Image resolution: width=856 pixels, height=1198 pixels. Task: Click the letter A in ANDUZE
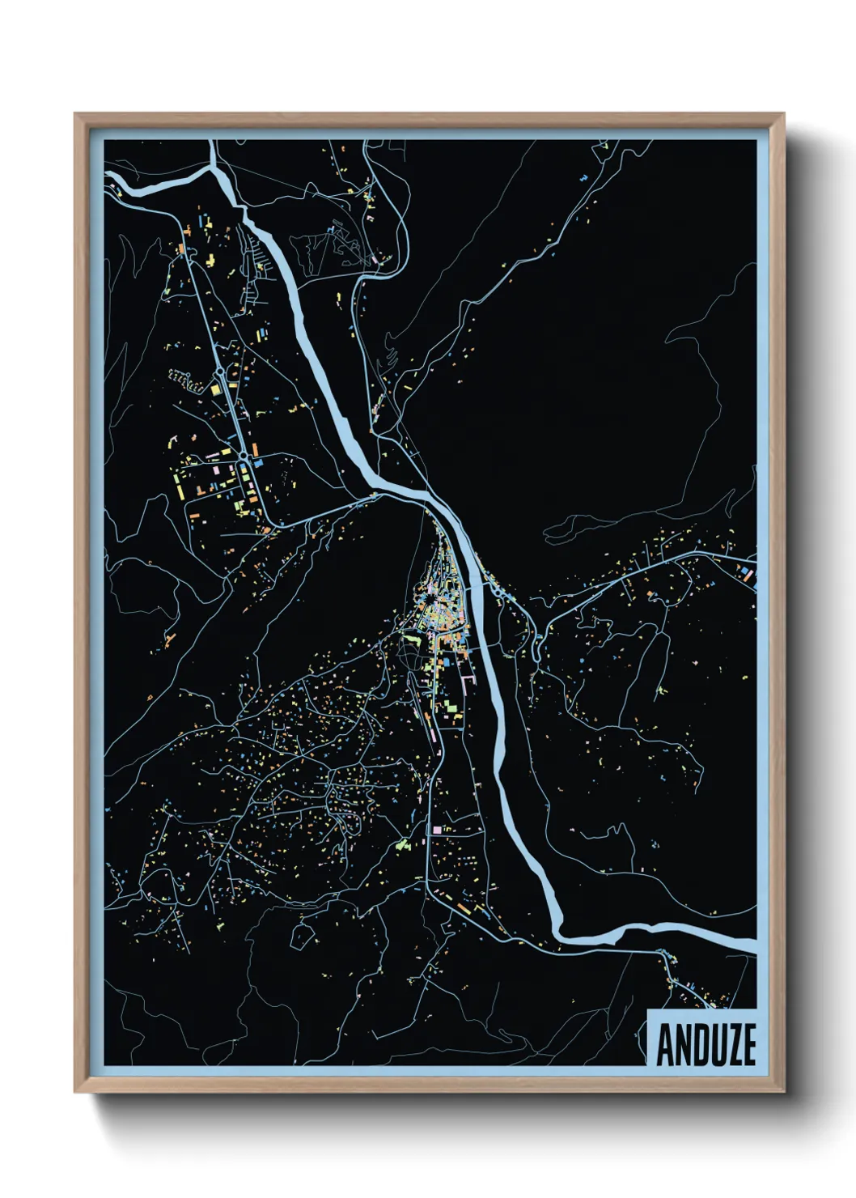point(665,1045)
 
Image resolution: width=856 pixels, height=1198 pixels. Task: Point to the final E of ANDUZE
point(747,1045)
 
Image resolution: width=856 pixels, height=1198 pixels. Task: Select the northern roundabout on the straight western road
point(220,373)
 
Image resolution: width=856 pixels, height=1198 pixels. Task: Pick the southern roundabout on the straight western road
point(242,459)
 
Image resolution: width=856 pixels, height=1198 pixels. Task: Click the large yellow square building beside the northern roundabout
point(215,389)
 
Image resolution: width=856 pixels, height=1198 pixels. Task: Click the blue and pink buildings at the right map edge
point(747,574)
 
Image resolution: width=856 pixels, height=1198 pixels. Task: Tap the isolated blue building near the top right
point(583,176)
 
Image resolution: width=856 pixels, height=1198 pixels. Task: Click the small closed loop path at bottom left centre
point(301,935)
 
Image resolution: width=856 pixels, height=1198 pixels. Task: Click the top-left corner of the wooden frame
point(75,114)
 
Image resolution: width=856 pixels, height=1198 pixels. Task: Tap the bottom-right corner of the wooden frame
point(783,1092)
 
